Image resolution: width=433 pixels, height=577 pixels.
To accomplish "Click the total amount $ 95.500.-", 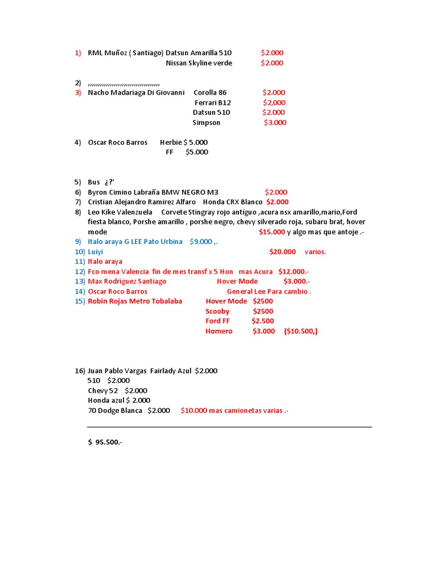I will [105, 442].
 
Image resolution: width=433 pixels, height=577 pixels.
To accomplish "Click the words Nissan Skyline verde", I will [199, 63].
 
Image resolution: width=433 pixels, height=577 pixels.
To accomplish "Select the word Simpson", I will [206, 123].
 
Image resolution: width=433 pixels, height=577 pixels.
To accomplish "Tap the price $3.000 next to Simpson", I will [275, 123].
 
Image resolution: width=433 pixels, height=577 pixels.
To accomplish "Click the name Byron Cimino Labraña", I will [123, 192].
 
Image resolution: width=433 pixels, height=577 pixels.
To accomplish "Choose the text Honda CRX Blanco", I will [233, 202].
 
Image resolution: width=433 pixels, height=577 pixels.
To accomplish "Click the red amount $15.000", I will [272, 232].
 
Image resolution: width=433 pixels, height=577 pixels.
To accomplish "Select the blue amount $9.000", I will [201, 242].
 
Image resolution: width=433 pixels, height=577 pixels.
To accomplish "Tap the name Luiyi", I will [95, 252].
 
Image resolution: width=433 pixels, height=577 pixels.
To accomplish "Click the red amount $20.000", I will [282, 252].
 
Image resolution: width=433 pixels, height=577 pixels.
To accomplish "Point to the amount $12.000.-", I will [294, 272].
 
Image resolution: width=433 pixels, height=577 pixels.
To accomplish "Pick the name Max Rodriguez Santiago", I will [127, 281].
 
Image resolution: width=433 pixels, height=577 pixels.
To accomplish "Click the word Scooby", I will [218, 312].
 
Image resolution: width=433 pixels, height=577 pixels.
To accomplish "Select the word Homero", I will [219, 331].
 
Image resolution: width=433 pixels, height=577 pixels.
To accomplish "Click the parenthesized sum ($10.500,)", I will [301, 331].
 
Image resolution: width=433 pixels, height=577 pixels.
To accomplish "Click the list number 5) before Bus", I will [78, 182].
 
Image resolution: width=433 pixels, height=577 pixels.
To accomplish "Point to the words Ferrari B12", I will [213, 103].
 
